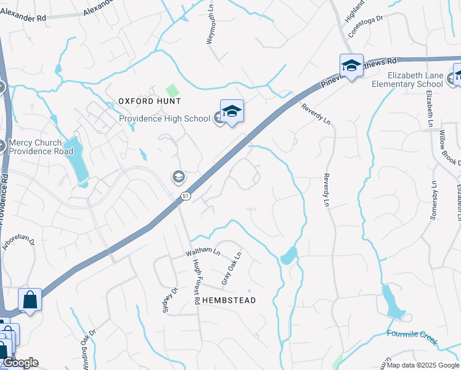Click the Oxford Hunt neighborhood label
[149, 101]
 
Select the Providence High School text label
[165, 118]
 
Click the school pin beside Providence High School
[232, 112]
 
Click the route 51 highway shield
[185, 195]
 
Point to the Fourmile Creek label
[412, 334]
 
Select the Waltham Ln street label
[203, 252]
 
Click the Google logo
[20, 363]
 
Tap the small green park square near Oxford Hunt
[171, 90]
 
